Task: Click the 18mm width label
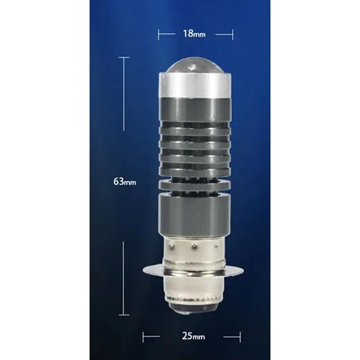[194, 34]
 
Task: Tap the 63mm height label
[125, 182]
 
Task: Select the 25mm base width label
[193, 336]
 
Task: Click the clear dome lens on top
[195, 65]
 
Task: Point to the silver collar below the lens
[195, 85]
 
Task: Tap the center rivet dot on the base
[194, 246]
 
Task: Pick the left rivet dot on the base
[172, 247]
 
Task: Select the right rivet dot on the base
[216, 246]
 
